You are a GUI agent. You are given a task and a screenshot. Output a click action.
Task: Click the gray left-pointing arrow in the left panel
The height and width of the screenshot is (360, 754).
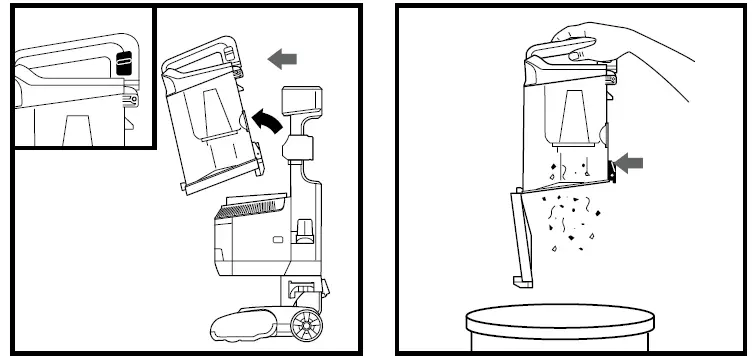pos(283,60)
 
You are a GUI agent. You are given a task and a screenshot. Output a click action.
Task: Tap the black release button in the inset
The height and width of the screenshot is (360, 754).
pos(122,61)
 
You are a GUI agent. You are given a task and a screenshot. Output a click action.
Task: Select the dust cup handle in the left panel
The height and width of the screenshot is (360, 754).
pos(200,49)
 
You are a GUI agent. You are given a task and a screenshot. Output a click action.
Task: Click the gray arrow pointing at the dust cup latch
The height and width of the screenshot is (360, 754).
pos(629,163)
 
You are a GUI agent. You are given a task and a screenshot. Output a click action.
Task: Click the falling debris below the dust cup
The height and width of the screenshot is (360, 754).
pos(570,215)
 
